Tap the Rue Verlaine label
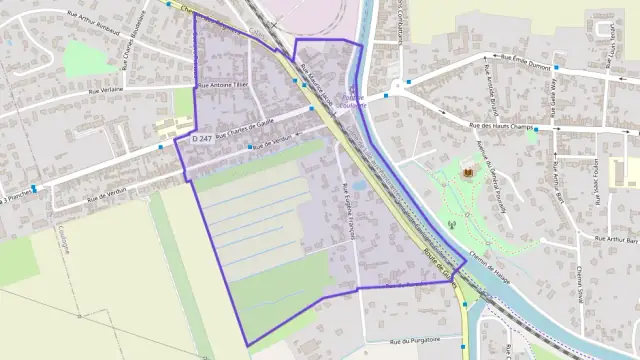[106, 89]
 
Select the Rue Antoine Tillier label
[222, 86]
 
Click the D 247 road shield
[201, 138]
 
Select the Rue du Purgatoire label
[415, 339]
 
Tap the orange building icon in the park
[466, 175]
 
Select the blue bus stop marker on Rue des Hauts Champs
[536, 130]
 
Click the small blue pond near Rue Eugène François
[358, 186]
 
